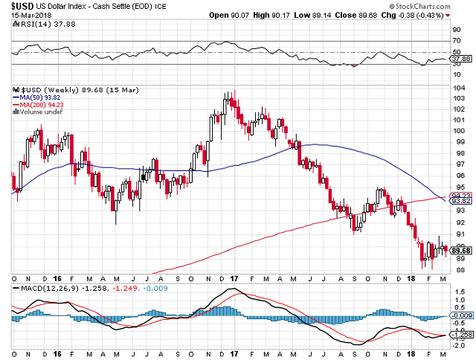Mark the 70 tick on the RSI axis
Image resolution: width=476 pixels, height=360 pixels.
click(x=456, y=41)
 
